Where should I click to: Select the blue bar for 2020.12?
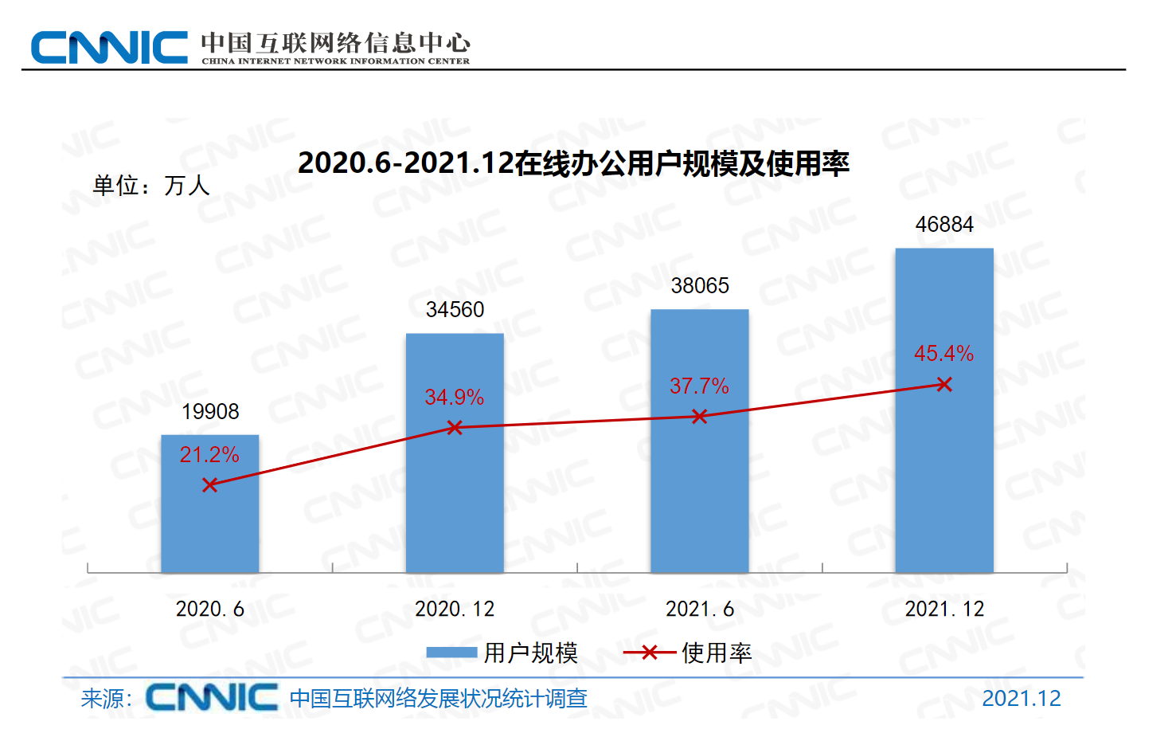(x=455, y=494)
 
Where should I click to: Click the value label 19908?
(x=210, y=412)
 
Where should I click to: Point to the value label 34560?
(x=455, y=310)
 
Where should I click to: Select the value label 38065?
(x=700, y=286)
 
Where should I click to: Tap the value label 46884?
(x=944, y=225)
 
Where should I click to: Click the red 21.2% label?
(x=209, y=455)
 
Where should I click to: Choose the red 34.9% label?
(x=455, y=398)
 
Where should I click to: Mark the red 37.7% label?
(x=699, y=386)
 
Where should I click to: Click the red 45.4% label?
(x=943, y=354)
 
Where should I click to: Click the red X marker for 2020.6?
(x=209, y=485)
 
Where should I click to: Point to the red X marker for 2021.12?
(x=944, y=385)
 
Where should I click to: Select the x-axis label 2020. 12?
(x=455, y=610)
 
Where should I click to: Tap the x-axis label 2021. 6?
(x=699, y=610)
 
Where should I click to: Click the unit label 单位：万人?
(x=151, y=186)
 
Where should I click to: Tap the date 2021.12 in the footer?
(x=1021, y=699)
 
